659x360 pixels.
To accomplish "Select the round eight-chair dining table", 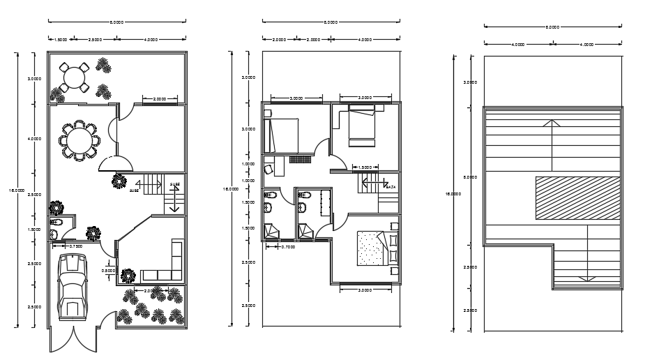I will point(78,140).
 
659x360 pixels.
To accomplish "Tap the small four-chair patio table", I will point(73,77).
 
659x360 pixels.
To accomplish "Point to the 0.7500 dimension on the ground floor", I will point(76,246).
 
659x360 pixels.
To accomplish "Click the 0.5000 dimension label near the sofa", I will point(108,271).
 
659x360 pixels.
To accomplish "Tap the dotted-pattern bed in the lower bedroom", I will point(370,249).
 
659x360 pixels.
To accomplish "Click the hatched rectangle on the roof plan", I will point(577,198).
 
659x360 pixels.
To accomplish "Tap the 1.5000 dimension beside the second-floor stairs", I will point(364,167).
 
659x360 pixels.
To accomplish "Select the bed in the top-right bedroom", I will point(361,126).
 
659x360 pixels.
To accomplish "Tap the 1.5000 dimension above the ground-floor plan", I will point(61,40).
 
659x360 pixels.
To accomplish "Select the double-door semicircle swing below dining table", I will point(114,163).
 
